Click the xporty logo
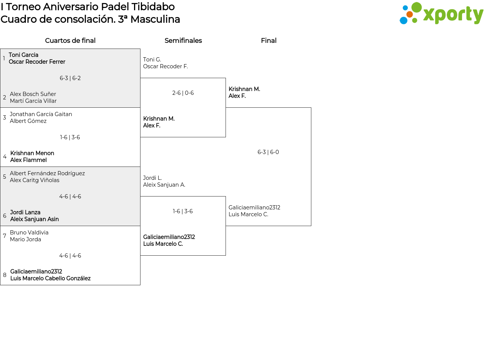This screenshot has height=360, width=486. [x=441, y=13]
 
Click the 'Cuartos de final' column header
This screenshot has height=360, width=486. [x=70, y=41]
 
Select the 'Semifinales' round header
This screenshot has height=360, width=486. [x=183, y=41]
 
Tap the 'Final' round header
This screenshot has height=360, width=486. [x=269, y=41]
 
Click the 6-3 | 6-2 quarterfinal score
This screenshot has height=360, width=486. [x=70, y=78]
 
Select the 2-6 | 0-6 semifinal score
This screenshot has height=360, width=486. [x=183, y=93]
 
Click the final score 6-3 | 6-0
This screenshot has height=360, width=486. [x=268, y=152]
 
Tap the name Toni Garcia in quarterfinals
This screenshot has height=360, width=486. [x=24, y=55]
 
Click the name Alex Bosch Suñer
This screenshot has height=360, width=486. [x=33, y=94]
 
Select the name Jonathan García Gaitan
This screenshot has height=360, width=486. [x=41, y=114]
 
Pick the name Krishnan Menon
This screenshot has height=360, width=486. [x=32, y=153]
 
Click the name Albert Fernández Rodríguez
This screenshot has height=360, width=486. [x=47, y=173]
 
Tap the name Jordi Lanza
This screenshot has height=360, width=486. [x=25, y=212]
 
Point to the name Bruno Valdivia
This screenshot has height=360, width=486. [x=29, y=232]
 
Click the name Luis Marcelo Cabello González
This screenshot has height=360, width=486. [x=50, y=278]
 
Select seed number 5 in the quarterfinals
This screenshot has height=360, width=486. [x=5, y=177]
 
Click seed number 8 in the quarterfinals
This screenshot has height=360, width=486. [x=5, y=275]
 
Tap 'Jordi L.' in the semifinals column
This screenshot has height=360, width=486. [x=153, y=178]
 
